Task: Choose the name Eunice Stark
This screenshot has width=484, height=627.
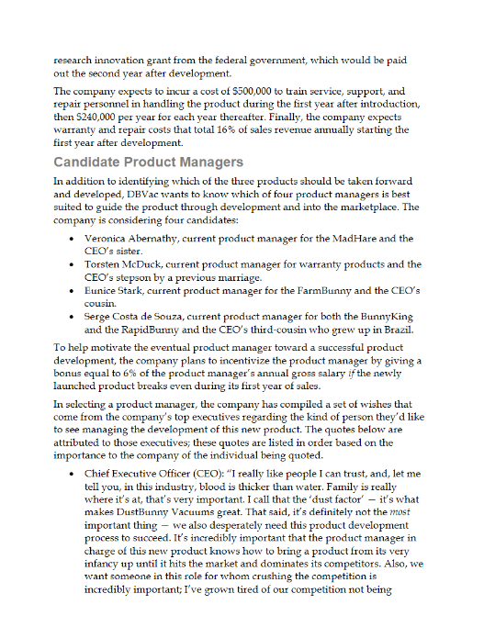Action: pyautogui.click(x=108, y=291)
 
